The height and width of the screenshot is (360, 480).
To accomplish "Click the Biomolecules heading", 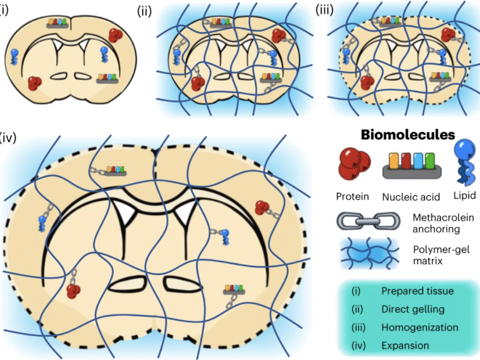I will (x=407, y=135).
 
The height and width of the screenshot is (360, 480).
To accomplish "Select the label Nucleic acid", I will (x=412, y=197).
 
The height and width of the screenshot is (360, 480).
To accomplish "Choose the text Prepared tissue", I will (x=417, y=291).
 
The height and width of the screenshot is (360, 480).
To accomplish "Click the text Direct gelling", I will (x=412, y=309).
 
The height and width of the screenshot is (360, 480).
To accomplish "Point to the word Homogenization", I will (x=420, y=328).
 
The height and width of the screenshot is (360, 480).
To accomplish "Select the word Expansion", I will (x=405, y=346).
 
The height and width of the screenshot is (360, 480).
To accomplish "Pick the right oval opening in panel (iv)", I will (x=179, y=284).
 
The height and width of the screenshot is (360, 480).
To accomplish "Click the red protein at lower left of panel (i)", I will (x=34, y=83).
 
